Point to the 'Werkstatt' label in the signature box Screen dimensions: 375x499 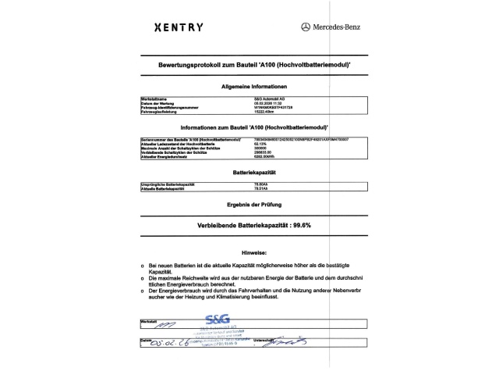(x=148, y=321)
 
